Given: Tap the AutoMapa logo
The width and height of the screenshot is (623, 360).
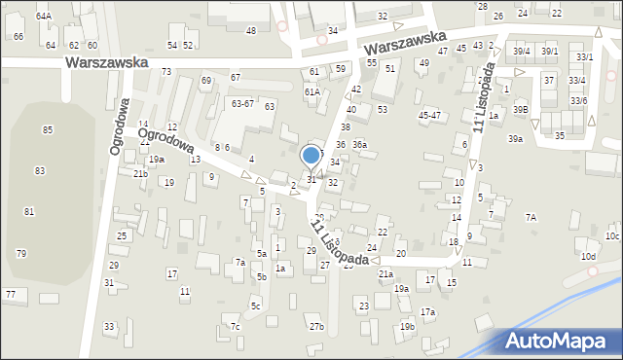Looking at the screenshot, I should [559, 341].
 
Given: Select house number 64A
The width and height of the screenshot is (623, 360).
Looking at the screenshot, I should [44, 17].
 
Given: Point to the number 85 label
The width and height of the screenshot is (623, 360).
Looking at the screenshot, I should [48, 129].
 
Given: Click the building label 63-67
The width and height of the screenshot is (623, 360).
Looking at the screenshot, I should [242, 103].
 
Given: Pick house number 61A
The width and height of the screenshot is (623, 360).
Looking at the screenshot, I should [311, 91].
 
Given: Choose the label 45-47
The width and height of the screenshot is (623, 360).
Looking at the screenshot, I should [429, 115].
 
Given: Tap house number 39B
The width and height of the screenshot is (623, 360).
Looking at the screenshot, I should [522, 110].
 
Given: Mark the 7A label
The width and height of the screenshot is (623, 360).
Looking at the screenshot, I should [531, 218].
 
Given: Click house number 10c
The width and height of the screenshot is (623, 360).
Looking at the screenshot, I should [611, 236].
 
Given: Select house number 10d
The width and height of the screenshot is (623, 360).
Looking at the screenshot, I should [588, 257].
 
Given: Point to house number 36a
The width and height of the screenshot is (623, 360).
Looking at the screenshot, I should [359, 145].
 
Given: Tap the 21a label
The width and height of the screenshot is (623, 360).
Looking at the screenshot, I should [385, 274].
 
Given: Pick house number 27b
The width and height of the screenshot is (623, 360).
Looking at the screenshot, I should [316, 326].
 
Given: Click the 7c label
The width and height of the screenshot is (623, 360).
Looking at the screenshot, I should [235, 326].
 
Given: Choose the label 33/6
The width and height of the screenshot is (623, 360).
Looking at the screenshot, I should [578, 100].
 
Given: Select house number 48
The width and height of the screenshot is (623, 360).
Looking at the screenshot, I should [251, 31].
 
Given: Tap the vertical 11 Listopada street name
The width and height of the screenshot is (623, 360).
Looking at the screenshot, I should [484, 97].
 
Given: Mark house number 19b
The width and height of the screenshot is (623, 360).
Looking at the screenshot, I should [407, 326].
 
